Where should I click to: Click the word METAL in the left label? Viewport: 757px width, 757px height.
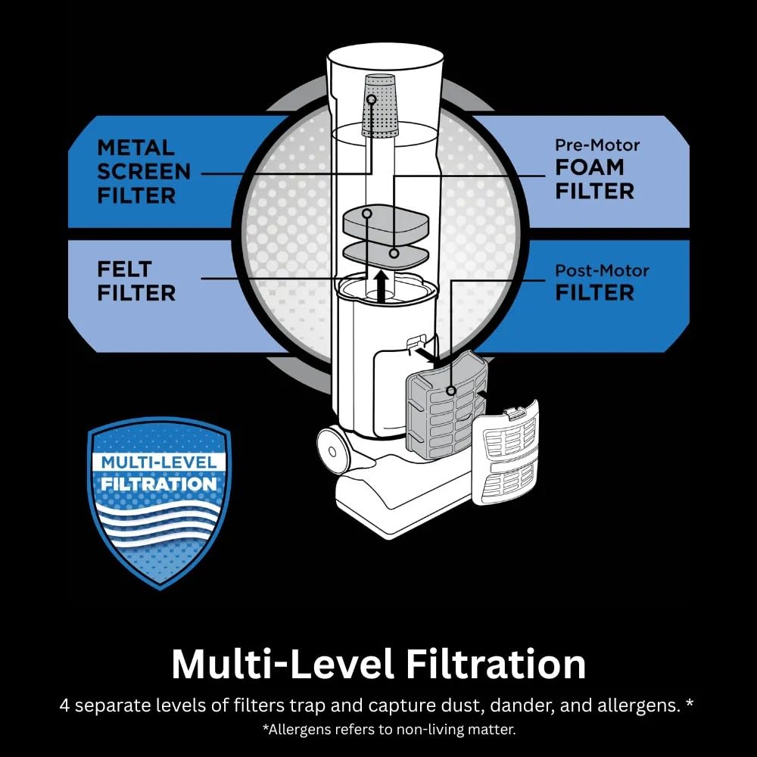pos(136,148)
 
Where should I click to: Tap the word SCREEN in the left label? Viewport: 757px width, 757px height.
pos(144,172)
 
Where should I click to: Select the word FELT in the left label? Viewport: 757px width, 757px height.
pos(125,269)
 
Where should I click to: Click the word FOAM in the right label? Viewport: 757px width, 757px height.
pos(590,167)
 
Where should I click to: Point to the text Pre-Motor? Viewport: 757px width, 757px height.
pos(597,145)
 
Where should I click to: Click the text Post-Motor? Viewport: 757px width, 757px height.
pos(602,270)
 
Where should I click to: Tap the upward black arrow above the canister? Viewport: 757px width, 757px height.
pos(382,286)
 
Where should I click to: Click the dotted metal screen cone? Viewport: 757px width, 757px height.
pos(379,105)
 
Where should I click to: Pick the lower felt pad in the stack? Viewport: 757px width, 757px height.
pos(386,255)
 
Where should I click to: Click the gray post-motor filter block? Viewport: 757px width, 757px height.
pos(447,406)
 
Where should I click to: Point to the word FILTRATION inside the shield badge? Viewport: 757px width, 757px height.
pos(159,484)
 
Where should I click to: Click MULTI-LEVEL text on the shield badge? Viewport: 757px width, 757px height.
pos(159,463)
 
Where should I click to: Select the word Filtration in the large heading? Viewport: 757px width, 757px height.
pos(496,665)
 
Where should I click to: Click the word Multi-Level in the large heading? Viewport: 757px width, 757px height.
pos(282,665)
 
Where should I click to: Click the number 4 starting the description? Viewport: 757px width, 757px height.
pos(64,706)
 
